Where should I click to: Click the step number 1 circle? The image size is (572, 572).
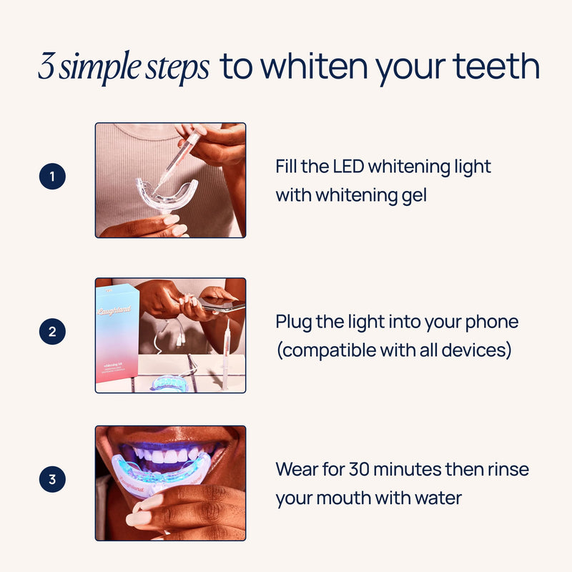pos(52,177)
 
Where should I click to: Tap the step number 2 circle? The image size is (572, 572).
pos(52,332)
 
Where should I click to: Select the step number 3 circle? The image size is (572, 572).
pos(52,480)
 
